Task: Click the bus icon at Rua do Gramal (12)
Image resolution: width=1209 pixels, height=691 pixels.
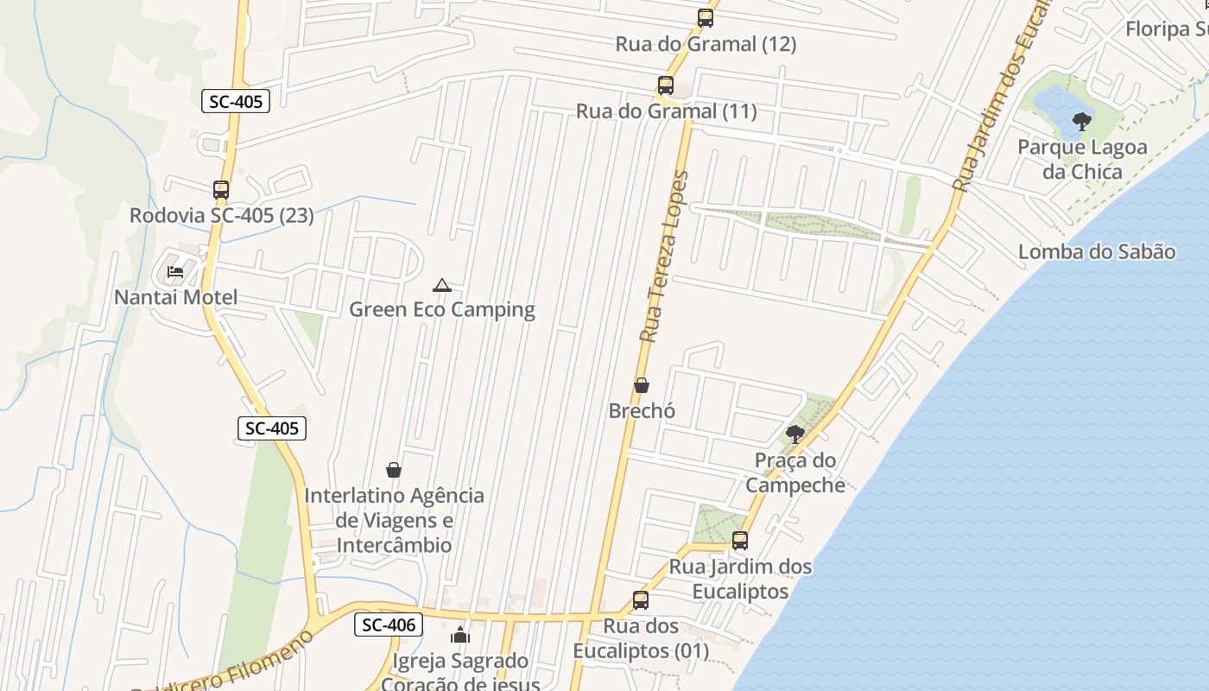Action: click(706, 17)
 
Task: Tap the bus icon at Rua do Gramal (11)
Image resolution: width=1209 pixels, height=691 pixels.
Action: click(665, 86)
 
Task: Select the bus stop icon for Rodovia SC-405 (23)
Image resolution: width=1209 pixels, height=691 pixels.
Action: click(221, 189)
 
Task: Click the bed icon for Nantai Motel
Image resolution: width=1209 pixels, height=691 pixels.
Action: click(175, 272)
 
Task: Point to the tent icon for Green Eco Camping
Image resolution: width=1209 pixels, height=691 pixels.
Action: click(442, 285)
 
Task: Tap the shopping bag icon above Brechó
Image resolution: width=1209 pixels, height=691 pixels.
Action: click(642, 385)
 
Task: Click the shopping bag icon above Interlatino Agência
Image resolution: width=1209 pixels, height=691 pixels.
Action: click(394, 470)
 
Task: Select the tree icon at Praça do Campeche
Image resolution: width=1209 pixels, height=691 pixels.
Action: click(795, 434)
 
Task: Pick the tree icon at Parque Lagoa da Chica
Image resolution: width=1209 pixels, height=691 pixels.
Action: click(1081, 122)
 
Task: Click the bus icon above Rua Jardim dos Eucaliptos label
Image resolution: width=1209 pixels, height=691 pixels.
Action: click(740, 541)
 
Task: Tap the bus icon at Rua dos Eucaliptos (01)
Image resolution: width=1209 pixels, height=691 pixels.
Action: click(641, 599)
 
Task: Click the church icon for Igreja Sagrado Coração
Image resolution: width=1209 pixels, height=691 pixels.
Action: click(460, 637)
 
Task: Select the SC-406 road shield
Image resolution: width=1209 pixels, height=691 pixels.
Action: click(389, 624)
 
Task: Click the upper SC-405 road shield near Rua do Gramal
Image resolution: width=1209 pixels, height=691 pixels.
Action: click(236, 101)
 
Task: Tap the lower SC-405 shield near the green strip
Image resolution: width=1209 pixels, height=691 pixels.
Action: click(272, 428)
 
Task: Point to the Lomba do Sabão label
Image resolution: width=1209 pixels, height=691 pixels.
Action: click(1097, 252)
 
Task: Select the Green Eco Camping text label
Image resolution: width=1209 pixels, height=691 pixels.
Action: click(442, 309)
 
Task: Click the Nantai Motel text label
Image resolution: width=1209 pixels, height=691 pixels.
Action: click(176, 297)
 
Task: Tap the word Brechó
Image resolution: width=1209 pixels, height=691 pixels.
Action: click(642, 411)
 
